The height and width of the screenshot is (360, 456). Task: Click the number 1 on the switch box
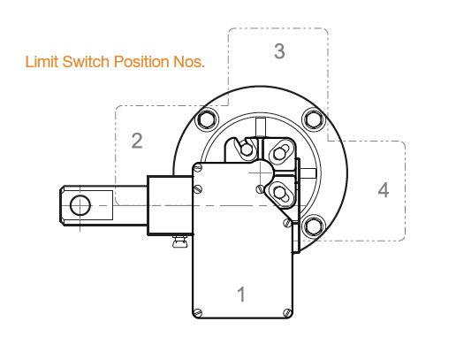click(x=241, y=294)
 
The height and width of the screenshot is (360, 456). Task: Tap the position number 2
click(x=137, y=141)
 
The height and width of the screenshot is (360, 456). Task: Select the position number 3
click(x=279, y=51)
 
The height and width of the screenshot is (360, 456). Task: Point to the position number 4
click(x=384, y=189)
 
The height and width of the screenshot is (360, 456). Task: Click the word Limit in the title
click(x=42, y=62)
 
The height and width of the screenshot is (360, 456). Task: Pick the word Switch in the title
click(x=86, y=62)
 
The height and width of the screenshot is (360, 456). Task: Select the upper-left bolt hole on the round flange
click(x=208, y=119)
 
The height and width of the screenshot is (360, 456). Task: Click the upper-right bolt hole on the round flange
click(x=314, y=119)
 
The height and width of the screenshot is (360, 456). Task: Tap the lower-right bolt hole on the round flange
click(x=314, y=226)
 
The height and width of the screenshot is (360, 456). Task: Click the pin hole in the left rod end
click(x=80, y=205)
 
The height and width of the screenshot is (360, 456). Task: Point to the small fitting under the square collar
click(x=179, y=241)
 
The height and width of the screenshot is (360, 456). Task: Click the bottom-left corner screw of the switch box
click(x=198, y=312)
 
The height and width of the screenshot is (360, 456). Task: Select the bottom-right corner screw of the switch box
click(x=287, y=312)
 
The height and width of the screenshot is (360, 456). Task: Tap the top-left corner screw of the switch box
click(x=198, y=168)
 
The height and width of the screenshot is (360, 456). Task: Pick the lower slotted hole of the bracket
click(x=279, y=193)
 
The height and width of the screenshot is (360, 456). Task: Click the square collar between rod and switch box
click(x=170, y=205)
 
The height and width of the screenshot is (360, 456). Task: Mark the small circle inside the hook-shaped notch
click(x=247, y=149)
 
